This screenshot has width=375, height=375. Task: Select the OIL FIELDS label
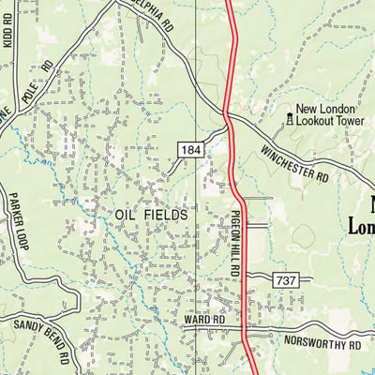[x=152, y=215]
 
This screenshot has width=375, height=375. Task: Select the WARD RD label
[x=204, y=320]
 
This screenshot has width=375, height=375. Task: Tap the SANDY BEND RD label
[x=41, y=341]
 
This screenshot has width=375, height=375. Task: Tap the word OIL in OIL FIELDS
[x=127, y=215]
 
